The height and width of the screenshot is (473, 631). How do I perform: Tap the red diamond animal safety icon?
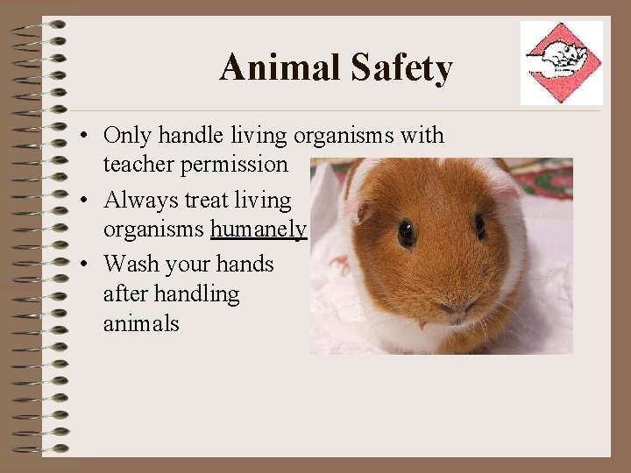pyautogui.click(x=562, y=62)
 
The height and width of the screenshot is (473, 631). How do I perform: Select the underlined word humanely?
pyautogui.click(x=259, y=229)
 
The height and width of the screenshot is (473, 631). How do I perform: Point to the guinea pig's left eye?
pyautogui.click(x=407, y=233)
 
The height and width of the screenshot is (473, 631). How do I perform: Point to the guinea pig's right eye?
pyautogui.click(x=479, y=227)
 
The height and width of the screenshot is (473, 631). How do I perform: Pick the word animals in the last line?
pyautogui.click(x=141, y=324)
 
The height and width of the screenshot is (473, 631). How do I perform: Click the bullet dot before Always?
pyautogui.click(x=80, y=201)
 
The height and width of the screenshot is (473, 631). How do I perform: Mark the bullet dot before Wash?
pyautogui.click(x=80, y=265)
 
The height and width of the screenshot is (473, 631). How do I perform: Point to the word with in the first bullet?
pyautogui.click(x=423, y=136)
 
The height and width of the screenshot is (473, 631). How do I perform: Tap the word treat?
pyautogui.click(x=207, y=201)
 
